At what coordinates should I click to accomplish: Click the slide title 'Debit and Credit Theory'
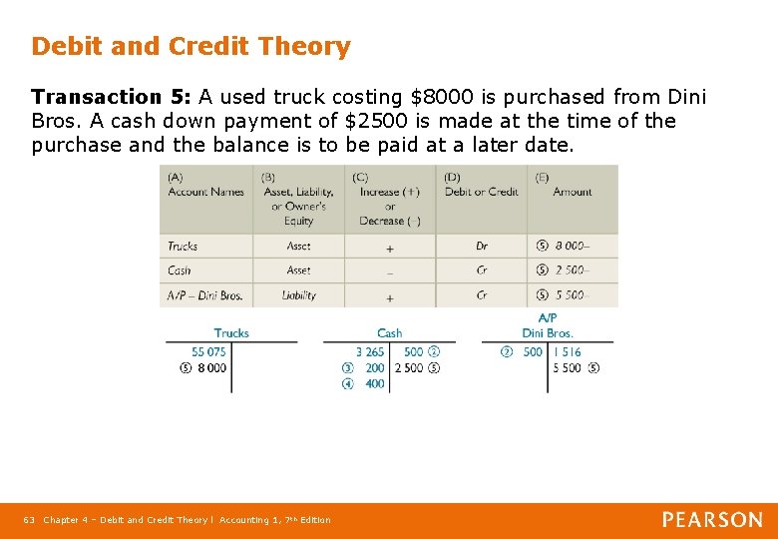click(191, 46)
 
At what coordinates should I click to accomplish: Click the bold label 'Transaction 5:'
click(111, 97)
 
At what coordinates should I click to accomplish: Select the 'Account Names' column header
click(205, 192)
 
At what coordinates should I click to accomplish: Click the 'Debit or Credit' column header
click(481, 192)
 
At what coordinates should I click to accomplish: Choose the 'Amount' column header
click(572, 192)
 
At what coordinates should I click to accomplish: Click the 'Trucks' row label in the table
click(183, 246)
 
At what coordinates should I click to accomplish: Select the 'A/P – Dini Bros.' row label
click(204, 295)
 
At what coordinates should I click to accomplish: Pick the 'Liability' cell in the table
click(298, 295)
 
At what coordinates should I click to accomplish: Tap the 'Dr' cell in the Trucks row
click(482, 246)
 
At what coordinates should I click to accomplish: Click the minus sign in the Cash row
click(389, 270)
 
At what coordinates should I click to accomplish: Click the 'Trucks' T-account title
click(231, 332)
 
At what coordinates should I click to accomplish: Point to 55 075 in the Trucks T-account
click(208, 351)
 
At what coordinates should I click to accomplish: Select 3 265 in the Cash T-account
click(369, 351)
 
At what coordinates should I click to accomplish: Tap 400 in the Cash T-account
click(375, 383)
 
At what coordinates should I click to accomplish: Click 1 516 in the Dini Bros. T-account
click(567, 351)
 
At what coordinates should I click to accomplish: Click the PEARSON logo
click(712, 519)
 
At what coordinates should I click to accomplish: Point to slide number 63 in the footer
click(29, 520)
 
